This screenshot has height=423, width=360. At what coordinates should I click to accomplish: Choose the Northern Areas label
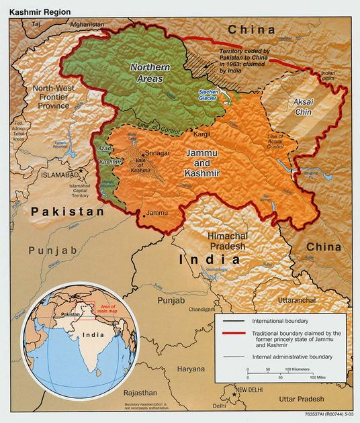(148, 72)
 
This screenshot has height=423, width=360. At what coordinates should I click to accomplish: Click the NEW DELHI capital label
(250, 389)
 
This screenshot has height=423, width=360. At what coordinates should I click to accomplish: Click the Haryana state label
(191, 369)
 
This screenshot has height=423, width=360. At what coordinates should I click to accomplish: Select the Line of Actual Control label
(276, 146)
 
